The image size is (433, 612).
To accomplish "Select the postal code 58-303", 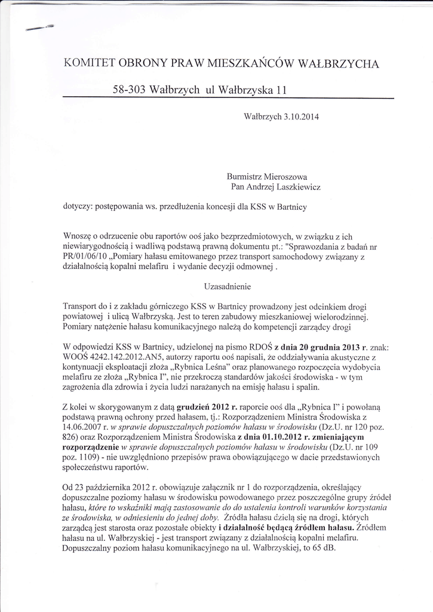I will pos(128,90).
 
